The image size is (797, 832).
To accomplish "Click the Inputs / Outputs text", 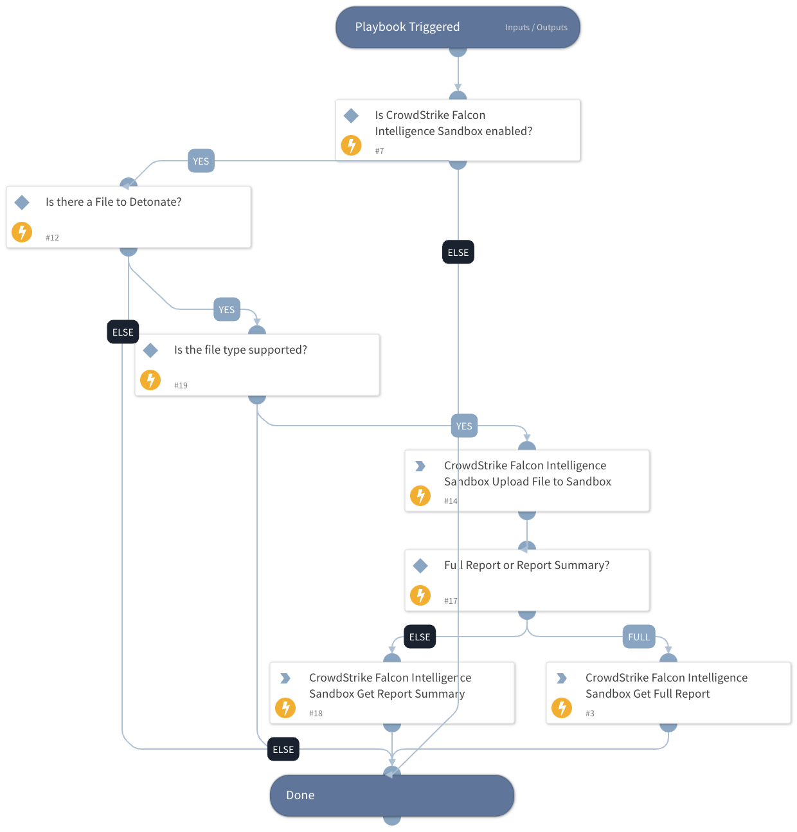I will click(x=536, y=28).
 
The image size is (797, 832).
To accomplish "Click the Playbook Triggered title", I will click(x=407, y=27).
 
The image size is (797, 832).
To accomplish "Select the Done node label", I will click(x=300, y=795).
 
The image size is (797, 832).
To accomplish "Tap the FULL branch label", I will click(x=639, y=637).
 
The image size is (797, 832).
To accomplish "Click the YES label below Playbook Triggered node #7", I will click(x=201, y=161).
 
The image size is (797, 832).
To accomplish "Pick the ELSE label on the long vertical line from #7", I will click(x=458, y=253).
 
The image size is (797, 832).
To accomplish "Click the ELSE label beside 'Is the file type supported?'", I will click(x=123, y=332).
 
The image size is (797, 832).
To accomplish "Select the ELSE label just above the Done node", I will click(x=283, y=750).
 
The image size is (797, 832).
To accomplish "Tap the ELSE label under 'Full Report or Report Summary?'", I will click(x=420, y=637).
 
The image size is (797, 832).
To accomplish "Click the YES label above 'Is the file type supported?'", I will click(x=227, y=310).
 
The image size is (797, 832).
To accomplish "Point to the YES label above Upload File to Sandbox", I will click(x=464, y=426).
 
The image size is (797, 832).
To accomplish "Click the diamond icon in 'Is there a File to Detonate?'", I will click(x=22, y=203).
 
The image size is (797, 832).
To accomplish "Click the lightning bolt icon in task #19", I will click(x=150, y=380).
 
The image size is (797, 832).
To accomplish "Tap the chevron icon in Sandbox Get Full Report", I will click(x=562, y=678).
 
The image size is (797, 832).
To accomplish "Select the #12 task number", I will click(x=52, y=238).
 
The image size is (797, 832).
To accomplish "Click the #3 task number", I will click(x=590, y=714).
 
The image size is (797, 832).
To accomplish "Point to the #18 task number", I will click(x=316, y=714).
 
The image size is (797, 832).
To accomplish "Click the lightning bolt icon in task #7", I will click(x=351, y=145).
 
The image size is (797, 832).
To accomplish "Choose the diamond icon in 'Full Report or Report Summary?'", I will click(x=420, y=566).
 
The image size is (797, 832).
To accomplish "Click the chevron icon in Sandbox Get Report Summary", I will click(x=285, y=678).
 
